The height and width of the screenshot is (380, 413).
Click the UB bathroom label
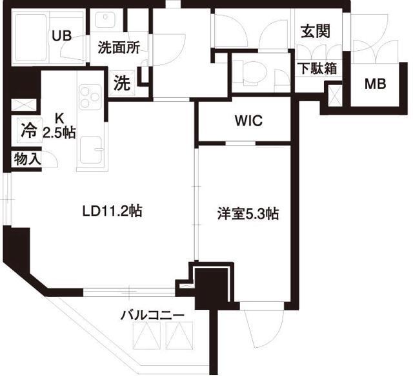click(62, 35)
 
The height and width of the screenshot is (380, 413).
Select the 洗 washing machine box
click(121, 82)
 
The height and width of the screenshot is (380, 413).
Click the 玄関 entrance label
click(315, 31)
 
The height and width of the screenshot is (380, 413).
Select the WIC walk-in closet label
click(248, 121)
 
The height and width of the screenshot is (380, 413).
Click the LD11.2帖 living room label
click(112, 210)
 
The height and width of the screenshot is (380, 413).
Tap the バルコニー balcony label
click(153, 316)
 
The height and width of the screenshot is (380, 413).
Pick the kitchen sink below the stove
click(91, 153)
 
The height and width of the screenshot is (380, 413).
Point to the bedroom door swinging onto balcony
click(265, 322)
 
